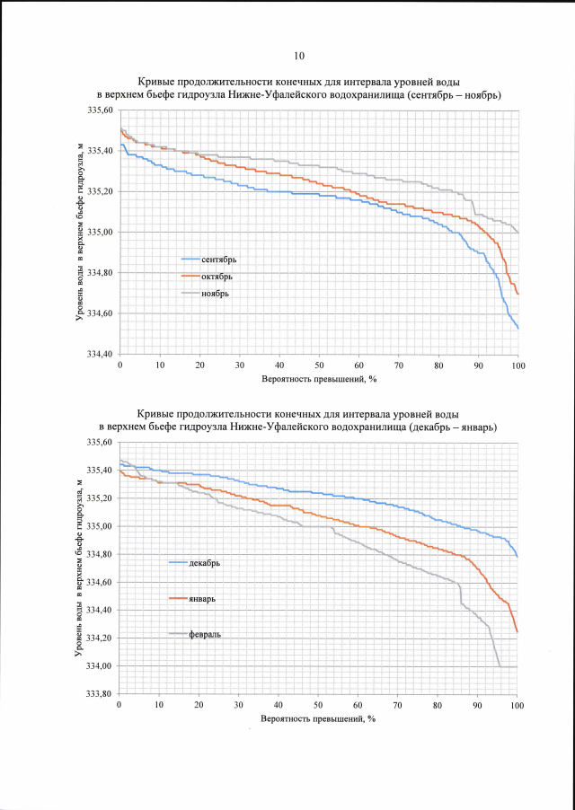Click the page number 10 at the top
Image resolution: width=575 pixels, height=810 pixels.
click(299, 55)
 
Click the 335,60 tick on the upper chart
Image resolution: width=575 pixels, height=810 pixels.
click(101, 110)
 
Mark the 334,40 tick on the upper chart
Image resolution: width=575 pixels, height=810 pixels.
click(101, 355)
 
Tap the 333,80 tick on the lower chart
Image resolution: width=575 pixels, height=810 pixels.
click(101, 694)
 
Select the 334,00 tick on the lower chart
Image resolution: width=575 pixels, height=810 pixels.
click(101, 666)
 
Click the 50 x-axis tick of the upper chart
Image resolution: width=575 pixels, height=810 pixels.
click(319, 365)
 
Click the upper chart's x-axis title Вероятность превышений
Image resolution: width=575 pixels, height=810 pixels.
click(318, 379)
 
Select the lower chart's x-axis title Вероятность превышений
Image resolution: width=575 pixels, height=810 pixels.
click(318, 719)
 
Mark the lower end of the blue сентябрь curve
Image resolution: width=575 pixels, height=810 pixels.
click(518, 328)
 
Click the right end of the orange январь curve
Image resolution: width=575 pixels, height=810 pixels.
click(517, 631)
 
